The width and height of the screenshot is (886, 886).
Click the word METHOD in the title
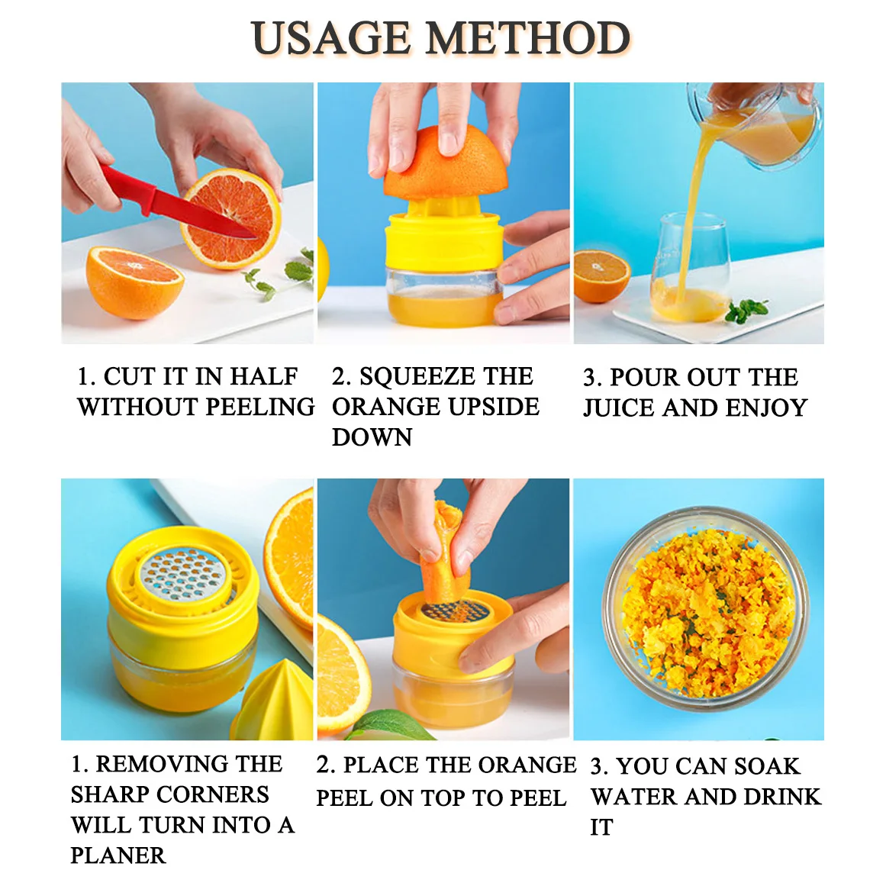pyautogui.click(x=528, y=38)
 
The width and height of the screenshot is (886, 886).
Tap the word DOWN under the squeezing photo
pyautogui.click(x=372, y=437)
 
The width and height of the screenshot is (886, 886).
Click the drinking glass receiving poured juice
pyautogui.click(x=690, y=268)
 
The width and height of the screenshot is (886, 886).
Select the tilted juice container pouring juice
pyautogui.click(x=754, y=125)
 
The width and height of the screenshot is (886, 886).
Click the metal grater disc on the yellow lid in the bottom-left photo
pyautogui.click(x=182, y=573)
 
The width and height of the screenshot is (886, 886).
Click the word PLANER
pyautogui.click(x=118, y=855)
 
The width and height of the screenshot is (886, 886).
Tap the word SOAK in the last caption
pyautogui.click(x=767, y=766)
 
